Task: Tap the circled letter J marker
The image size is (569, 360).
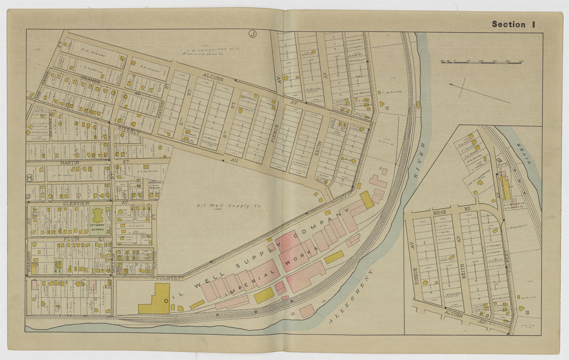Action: pos(252,34)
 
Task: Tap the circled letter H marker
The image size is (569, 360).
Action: pos(29,177)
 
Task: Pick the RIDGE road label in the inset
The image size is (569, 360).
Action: pos(439,212)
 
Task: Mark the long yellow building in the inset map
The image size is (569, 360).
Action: pos(505,188)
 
